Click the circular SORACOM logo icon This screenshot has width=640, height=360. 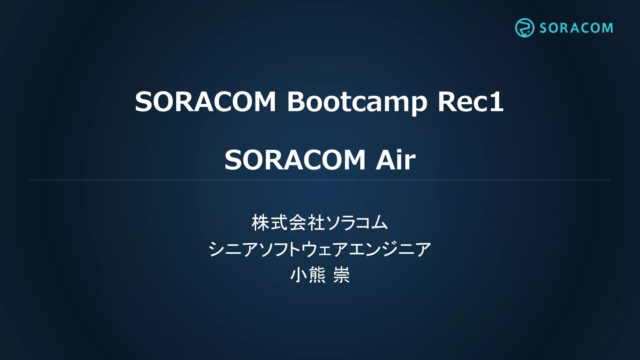524,28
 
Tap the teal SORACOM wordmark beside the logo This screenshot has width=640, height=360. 576,28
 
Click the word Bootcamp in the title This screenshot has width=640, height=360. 357,102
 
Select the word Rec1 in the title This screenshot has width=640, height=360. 470,102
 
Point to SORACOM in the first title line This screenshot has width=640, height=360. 205,102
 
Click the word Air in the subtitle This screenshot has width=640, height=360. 395,160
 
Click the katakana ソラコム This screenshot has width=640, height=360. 356,223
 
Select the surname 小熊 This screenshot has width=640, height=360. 308,275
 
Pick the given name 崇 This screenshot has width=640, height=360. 341,275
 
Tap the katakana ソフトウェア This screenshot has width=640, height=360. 304,249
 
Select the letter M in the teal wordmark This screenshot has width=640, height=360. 607,28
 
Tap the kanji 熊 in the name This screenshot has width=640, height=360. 317,275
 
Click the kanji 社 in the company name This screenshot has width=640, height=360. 316,223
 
